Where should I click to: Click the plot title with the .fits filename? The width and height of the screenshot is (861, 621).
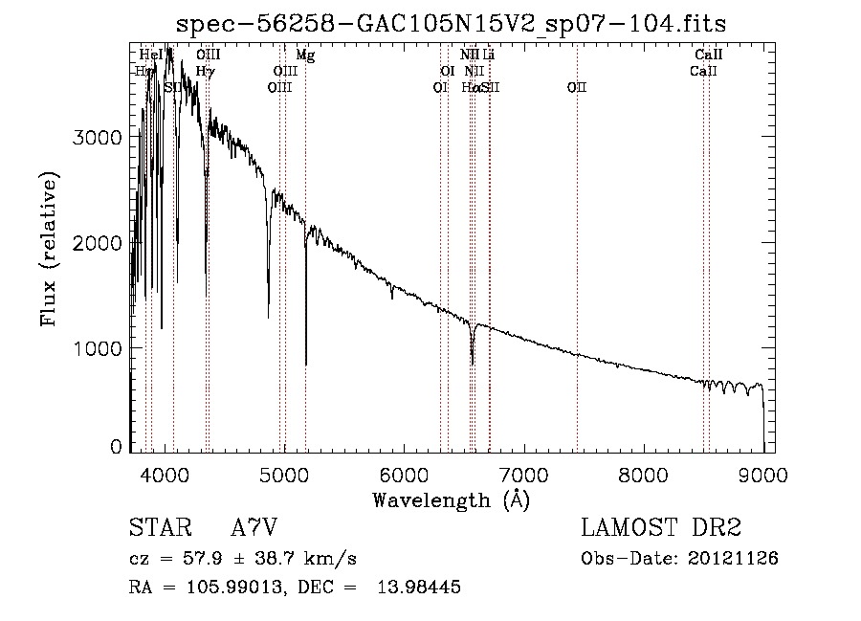pos(453,23)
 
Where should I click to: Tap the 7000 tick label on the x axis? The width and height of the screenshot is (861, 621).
pos(523,473)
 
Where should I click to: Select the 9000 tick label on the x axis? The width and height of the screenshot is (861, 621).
pos(762,473)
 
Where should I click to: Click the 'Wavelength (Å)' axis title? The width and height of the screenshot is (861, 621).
pos(451,499)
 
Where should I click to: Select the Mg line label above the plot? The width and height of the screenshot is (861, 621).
pos(305,55)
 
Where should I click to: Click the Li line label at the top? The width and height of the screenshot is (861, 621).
pos(489,55)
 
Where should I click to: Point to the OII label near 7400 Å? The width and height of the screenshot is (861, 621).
pos(576,87)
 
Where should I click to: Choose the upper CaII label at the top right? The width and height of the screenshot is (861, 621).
pos(709,55)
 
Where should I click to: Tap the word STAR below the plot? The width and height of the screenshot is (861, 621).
pos(159,529)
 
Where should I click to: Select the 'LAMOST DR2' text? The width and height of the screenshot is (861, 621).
pos(661,529)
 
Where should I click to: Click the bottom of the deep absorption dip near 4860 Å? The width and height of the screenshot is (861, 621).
pos(268,317)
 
